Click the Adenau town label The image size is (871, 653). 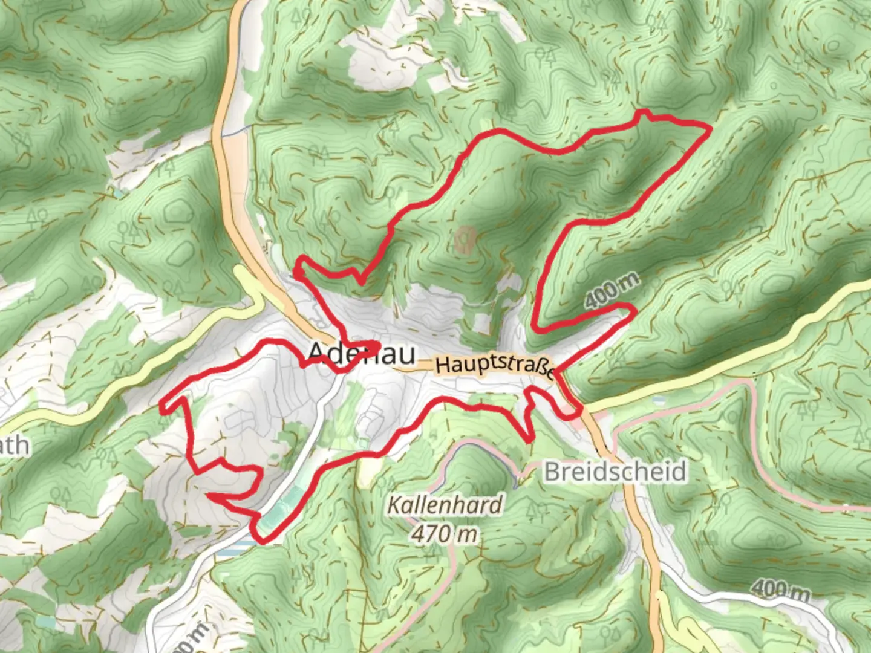pyautogui.click(x=362, y=354)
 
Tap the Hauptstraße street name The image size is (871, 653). pyautogui.click(x=494, y=366)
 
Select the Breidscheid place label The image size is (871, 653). pyautogui.click(x=615, y=472)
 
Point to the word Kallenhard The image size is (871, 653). pyautogui.click(x=445, y=505)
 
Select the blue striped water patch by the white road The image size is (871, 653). pyautogui.click(x=233, y=547)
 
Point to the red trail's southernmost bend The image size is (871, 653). pyautogui.click(x=263, y=539)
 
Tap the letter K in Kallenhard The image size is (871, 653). pyautogui.click(x=394, y=505)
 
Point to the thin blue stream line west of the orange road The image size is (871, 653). pyautogui.click(x=236, y=131)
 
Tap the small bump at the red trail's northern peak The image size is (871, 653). pyautogui.click(x=643, y=113)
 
